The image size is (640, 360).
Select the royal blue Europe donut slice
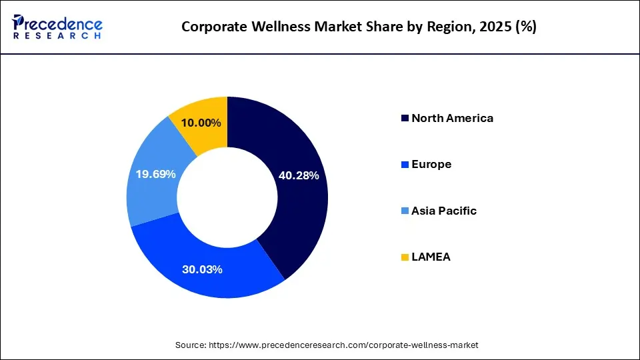[200, 267]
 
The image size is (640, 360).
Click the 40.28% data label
[298, 176]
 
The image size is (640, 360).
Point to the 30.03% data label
[202, 270]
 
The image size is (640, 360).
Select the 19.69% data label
[155, 174]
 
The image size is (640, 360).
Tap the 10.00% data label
[201, 123]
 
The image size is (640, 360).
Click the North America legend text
[452, 118]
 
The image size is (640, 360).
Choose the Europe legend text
[431, 164]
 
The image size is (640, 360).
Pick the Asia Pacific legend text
[444, 211]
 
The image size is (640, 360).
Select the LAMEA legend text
[431, 257]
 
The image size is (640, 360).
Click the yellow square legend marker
[405, 257]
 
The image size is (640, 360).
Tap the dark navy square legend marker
[405, 119]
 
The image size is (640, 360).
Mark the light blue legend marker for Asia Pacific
[405, 211]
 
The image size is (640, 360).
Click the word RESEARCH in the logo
[57, 35]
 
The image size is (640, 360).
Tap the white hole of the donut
[227, 197]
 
